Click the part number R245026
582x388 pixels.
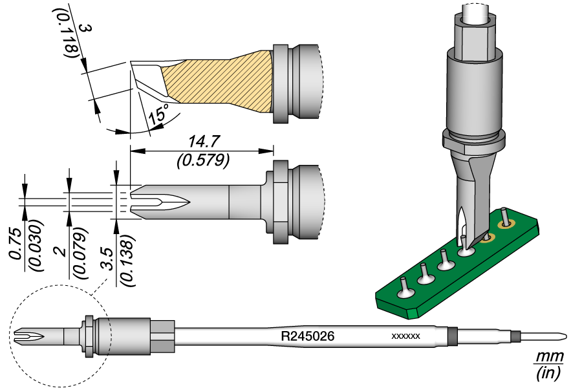coord(307,336)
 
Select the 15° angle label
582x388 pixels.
coord(158,114)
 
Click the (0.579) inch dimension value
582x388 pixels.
coord(202,160)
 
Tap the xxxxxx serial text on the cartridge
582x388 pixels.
coord(406,337)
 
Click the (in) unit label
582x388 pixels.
coord(549,372)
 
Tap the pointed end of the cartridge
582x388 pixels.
coord(565,336)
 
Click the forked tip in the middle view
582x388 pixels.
coord(155,202)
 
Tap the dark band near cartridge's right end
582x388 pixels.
coord(452,336)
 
